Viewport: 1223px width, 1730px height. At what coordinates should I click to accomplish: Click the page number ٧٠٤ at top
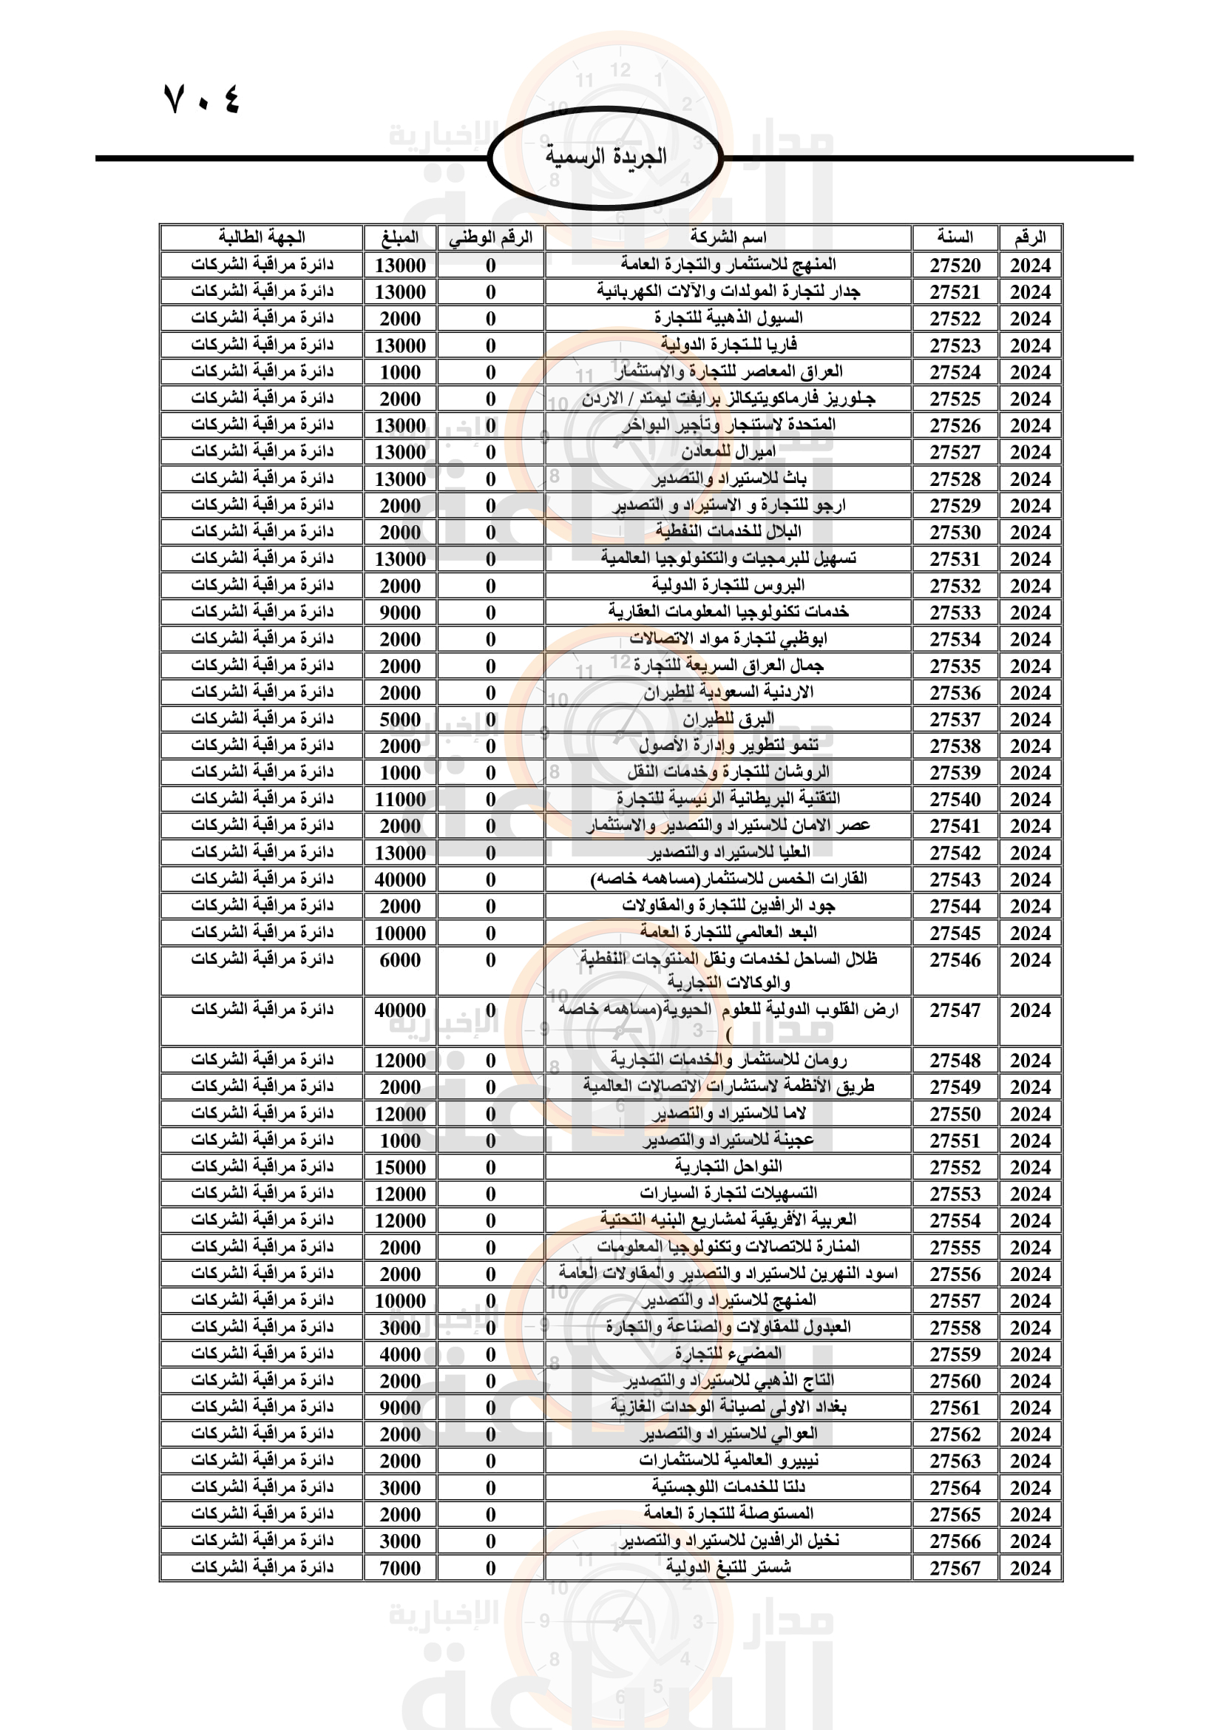tap(202, 98)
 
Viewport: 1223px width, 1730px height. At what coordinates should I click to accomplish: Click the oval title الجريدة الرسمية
tap(606, 157)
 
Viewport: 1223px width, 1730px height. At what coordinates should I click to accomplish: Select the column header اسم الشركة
tap(728, 237)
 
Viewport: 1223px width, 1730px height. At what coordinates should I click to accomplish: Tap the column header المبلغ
tap(400, 237)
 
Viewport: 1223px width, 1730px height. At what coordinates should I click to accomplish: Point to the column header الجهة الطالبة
tap(261, 237)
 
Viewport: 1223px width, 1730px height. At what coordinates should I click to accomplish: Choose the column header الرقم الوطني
tap(490, 237)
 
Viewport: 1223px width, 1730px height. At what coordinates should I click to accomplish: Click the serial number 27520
tap(955, 266)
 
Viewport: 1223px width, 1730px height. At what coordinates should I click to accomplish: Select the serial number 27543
tap(955, 879)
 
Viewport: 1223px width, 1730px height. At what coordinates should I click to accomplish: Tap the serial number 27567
tap(955, 1568)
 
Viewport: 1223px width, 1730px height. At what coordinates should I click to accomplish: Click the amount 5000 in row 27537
tap(400, 720)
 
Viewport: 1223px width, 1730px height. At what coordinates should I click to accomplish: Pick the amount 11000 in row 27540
tap(400, 800)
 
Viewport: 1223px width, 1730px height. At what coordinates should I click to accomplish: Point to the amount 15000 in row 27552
tap(400, 1167)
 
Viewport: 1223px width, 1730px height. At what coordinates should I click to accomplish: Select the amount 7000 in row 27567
tap(400, 1568)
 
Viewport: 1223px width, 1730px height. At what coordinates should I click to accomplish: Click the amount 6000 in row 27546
tap(400, 960)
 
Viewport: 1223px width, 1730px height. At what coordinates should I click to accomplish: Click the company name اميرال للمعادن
tap(728, 452)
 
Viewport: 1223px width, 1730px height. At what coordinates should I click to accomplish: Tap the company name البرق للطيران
tap(728, 720)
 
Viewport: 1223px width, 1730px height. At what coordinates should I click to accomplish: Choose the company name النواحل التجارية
tap(728, 1167)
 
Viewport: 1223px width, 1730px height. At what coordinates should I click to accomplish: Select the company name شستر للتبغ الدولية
tap(728, 1568)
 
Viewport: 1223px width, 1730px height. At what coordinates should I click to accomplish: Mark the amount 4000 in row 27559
tap(400, 1354)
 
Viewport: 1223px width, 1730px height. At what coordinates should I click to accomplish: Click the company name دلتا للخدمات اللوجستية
tap(728, 1487)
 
